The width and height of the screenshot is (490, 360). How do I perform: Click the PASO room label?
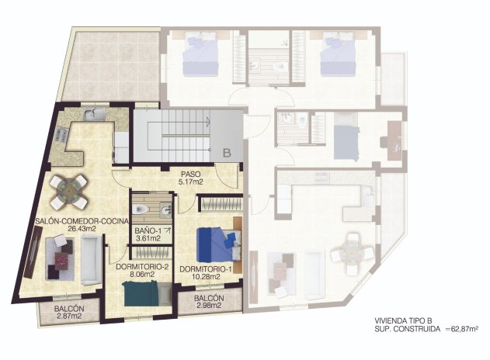point(190,174)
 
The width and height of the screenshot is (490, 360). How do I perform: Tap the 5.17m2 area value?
point(190,182)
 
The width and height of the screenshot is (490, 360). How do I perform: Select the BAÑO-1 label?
point(146,230)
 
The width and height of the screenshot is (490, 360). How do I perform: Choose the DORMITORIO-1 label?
point(206,270)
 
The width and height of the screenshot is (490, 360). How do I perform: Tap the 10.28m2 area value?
point(206,277)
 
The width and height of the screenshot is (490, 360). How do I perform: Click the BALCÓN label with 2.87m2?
point(69,309)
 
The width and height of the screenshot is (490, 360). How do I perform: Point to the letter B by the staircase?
point(227,153)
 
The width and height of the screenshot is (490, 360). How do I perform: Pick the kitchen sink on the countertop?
point(92,116)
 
